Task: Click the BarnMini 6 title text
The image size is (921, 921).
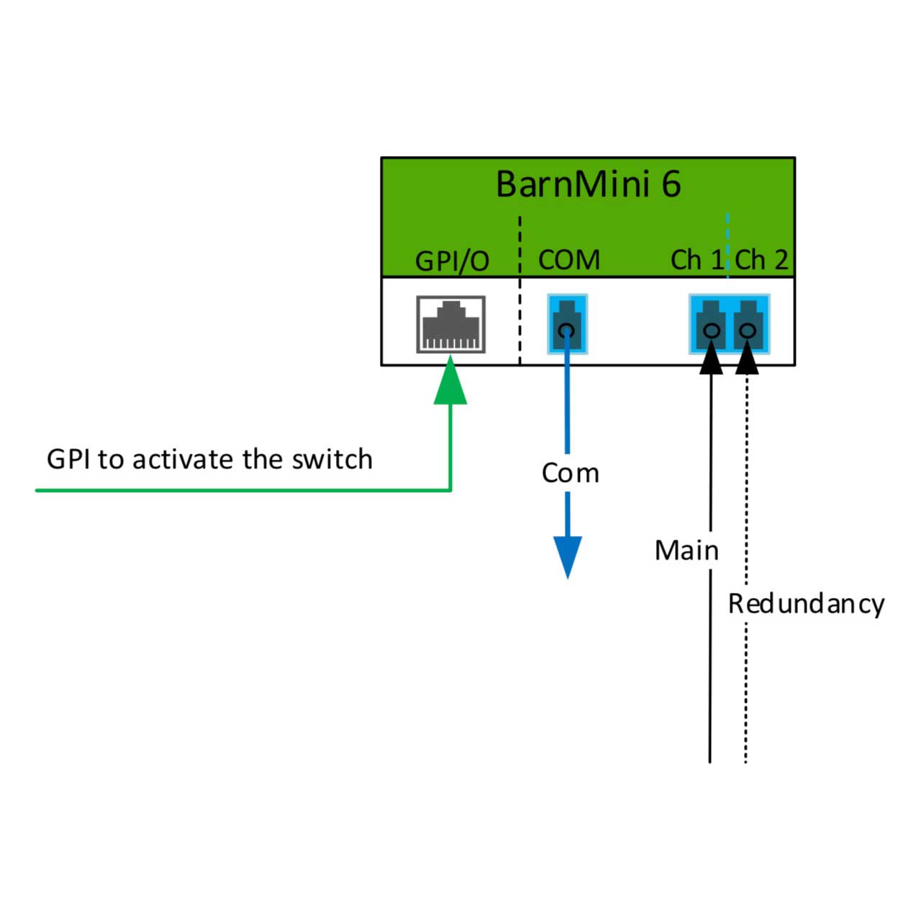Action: point(588,184)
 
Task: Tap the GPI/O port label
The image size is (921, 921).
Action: point(452,261)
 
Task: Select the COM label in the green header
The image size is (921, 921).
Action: point(568,260)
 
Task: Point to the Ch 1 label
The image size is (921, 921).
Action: point(697,260)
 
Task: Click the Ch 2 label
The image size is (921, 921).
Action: point(761,260)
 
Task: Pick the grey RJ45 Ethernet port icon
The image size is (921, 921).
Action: point(450,325)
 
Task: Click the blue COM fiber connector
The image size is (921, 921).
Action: point(567,325)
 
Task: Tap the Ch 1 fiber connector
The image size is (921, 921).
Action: point(711,325)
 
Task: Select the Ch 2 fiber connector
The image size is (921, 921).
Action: point(748,325)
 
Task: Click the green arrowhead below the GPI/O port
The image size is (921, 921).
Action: point(450,381)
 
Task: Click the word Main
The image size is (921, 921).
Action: point(686,550)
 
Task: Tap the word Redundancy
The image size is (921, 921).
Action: point(806,604)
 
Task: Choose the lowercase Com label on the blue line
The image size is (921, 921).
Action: point(570,473)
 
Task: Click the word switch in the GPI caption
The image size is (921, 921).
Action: point(332,459)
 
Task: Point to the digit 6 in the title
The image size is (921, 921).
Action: point(671,184)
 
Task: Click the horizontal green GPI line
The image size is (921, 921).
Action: point(243,491)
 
